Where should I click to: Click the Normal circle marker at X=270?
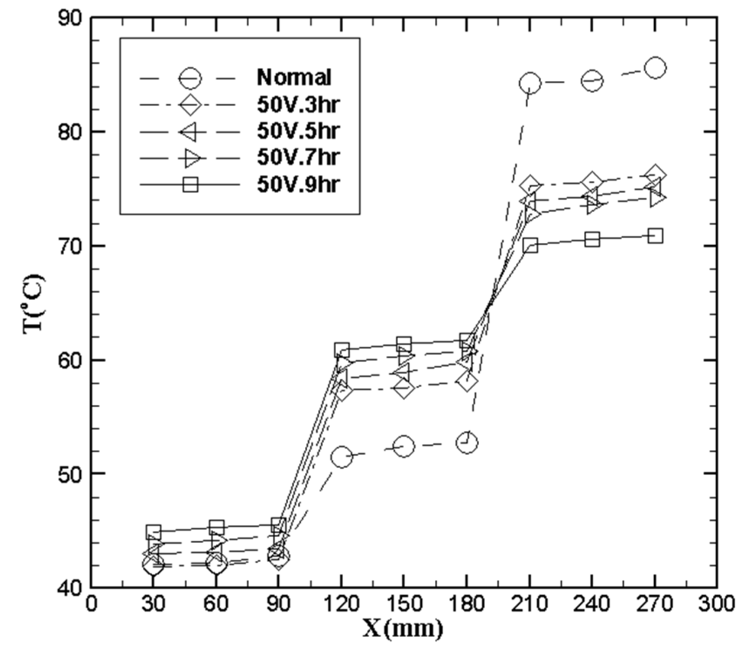[655, 68]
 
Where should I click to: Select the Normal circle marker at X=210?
[530, 83]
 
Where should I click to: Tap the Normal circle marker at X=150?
[403, 446]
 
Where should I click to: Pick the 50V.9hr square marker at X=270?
[655, 236]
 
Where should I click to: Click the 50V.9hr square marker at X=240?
[592, 239]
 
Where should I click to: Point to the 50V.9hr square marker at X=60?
[217, 528]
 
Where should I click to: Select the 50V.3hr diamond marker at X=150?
[403, 389]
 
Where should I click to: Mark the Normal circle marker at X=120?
[342, 457]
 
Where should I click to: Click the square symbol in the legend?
[190, 185]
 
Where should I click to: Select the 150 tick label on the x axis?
[403, 604]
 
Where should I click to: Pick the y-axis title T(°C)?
[34, 303]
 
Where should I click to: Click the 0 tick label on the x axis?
[91, 604]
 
